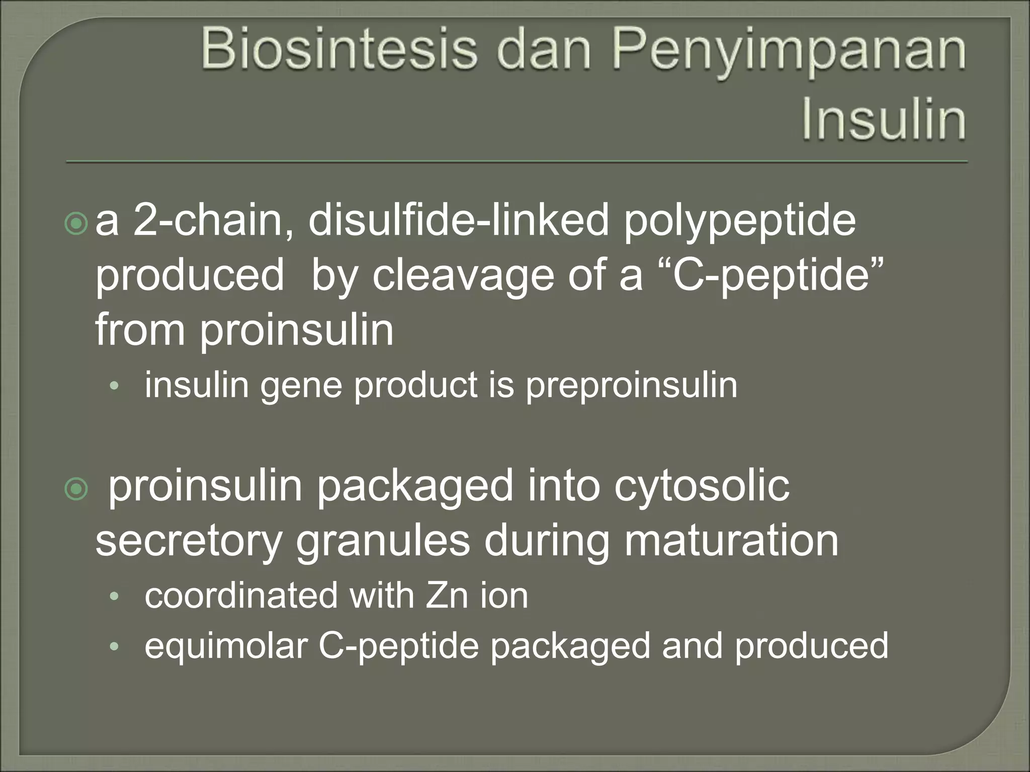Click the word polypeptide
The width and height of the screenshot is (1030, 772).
[740, 222]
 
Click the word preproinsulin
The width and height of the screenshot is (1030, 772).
[631, 386]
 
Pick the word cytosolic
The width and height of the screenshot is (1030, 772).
[702, 487]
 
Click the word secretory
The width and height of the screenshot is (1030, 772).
[188, 542]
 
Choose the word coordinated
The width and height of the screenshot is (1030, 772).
[241, 596]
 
